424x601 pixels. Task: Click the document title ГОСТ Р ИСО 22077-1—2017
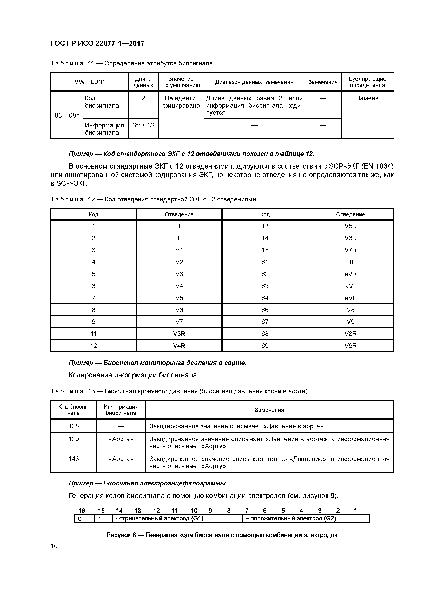(x=97, y=44)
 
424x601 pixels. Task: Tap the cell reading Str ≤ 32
(x=143, y=125)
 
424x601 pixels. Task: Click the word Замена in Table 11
(x=367, y=98)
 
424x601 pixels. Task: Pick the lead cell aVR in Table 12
(x=350, y=274)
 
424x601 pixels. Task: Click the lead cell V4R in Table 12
(x=179, y=346)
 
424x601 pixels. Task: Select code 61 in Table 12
(x=265, y=262)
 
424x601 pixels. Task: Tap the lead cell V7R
(x=350, y=250)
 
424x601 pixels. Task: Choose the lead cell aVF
(x=350, y=298)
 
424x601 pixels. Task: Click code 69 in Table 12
(x=265, y=346)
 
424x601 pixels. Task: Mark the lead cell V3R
(x=179, y=334)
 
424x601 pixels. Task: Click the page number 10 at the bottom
(x=54, y=546)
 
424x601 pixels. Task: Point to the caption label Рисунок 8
(x=121, y=535)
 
